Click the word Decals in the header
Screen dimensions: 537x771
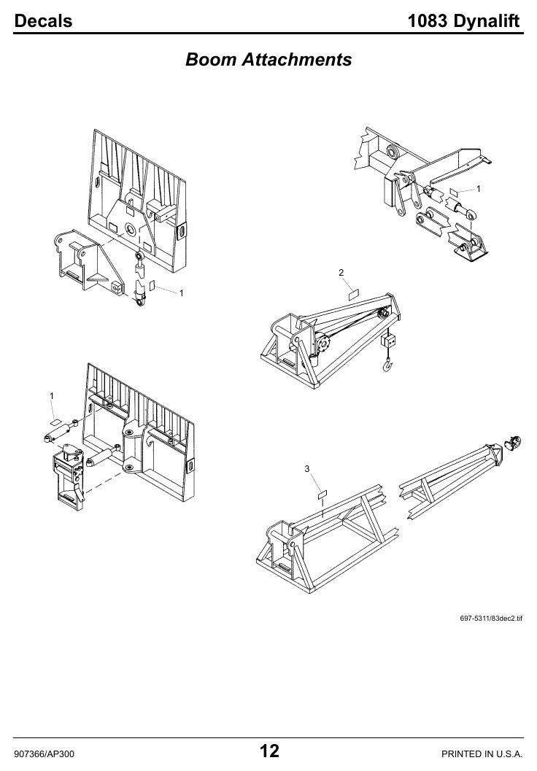point(43,20)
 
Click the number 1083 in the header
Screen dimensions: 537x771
point(428,20)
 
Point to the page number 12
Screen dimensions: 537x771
point(269,751)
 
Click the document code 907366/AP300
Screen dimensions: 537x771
point(45,753)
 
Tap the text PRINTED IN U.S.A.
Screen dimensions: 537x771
point(482,753)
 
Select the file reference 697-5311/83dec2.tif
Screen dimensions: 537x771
point(491,618)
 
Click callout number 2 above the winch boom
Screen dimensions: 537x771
point(341,272)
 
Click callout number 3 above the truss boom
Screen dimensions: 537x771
point(307,468)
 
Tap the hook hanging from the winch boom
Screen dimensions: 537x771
point(388,365)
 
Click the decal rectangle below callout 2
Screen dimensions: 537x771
point(354,294)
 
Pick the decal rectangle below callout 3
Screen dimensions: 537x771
point(322,494)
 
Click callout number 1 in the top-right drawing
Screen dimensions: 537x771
point(479,189)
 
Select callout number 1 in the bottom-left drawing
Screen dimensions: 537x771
point(52,396)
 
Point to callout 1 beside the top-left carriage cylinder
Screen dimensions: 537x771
point(181,293)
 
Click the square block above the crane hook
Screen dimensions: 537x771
point(388,340)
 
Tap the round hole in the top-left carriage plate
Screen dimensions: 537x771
point(132,229)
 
